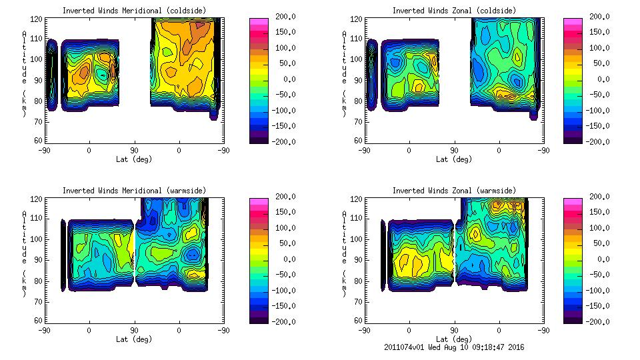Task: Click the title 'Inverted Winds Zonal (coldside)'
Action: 453,11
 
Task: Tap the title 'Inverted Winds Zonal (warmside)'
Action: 453,191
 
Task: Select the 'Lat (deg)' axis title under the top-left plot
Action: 134,159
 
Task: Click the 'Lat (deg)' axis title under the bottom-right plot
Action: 454,339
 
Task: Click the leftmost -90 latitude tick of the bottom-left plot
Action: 44,330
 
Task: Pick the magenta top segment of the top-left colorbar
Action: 259,23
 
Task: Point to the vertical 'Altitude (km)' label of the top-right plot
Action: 345,73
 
